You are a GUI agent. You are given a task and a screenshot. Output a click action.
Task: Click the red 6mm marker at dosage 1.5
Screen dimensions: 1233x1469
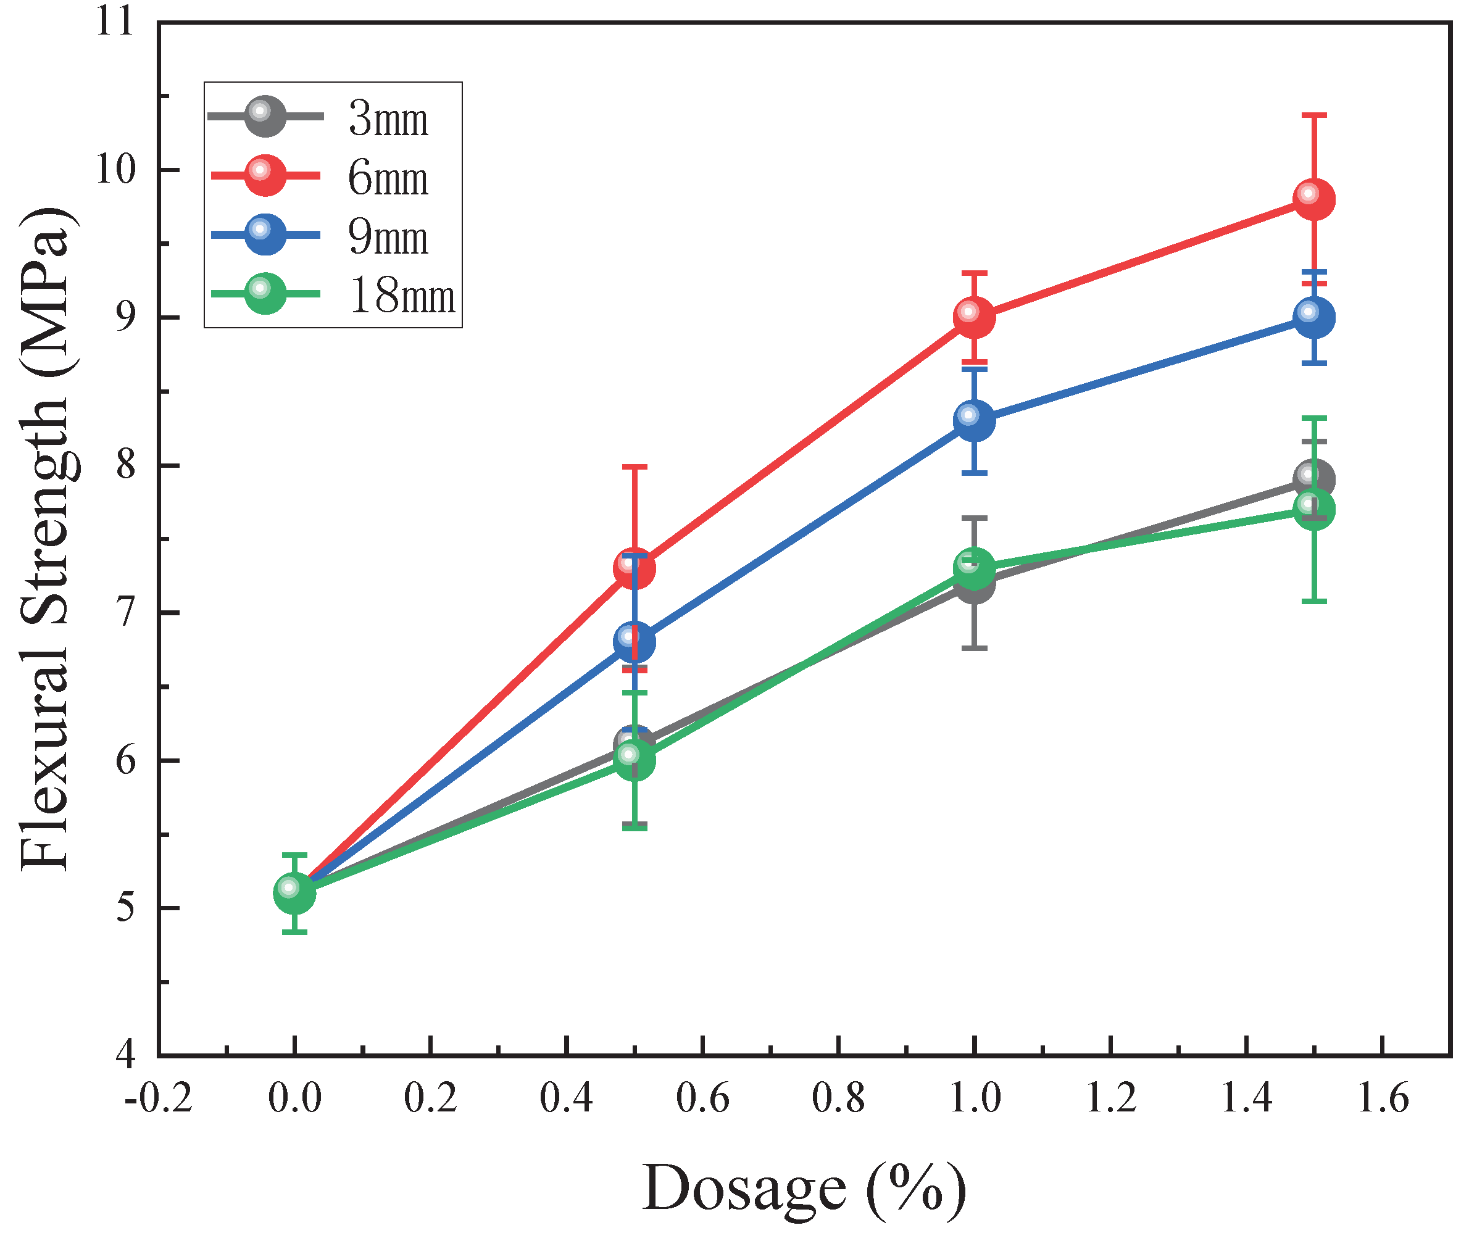[x=1313, y=199]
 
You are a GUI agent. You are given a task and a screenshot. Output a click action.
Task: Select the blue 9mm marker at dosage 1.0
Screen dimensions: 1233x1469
[x=975, y=420]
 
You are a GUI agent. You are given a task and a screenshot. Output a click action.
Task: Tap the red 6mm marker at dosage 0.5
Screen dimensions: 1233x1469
[x=635, y=568]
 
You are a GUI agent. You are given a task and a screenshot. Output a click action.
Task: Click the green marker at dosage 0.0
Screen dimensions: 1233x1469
[x=294, y=893]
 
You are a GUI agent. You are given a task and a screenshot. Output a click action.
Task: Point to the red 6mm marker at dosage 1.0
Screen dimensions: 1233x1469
[x=975, y=317]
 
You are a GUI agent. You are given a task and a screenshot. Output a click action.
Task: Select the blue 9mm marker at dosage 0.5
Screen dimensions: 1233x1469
[x=635, y=641]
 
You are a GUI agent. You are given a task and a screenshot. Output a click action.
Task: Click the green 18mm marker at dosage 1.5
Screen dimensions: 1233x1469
[x=1313, y=509]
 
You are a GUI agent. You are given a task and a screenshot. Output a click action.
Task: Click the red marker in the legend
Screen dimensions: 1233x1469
[x=266, y=175]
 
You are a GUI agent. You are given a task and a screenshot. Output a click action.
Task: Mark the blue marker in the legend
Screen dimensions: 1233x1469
[x=266, y=235]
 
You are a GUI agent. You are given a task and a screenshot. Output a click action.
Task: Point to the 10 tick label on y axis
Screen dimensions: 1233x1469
[x=115, y=169]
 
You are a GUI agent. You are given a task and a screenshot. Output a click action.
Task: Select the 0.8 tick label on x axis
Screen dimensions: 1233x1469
[x=838, y=1098]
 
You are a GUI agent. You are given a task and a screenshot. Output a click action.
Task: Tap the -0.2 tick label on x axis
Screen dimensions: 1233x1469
[x=158, y=1098]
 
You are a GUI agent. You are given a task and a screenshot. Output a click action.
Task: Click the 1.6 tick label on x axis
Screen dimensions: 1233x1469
[x=1382, y=1098]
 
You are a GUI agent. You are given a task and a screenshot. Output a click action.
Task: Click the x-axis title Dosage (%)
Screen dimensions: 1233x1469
[x=804, y=1187]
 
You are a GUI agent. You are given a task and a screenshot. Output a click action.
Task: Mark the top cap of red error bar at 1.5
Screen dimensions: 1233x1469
[x=1313, y=115]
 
